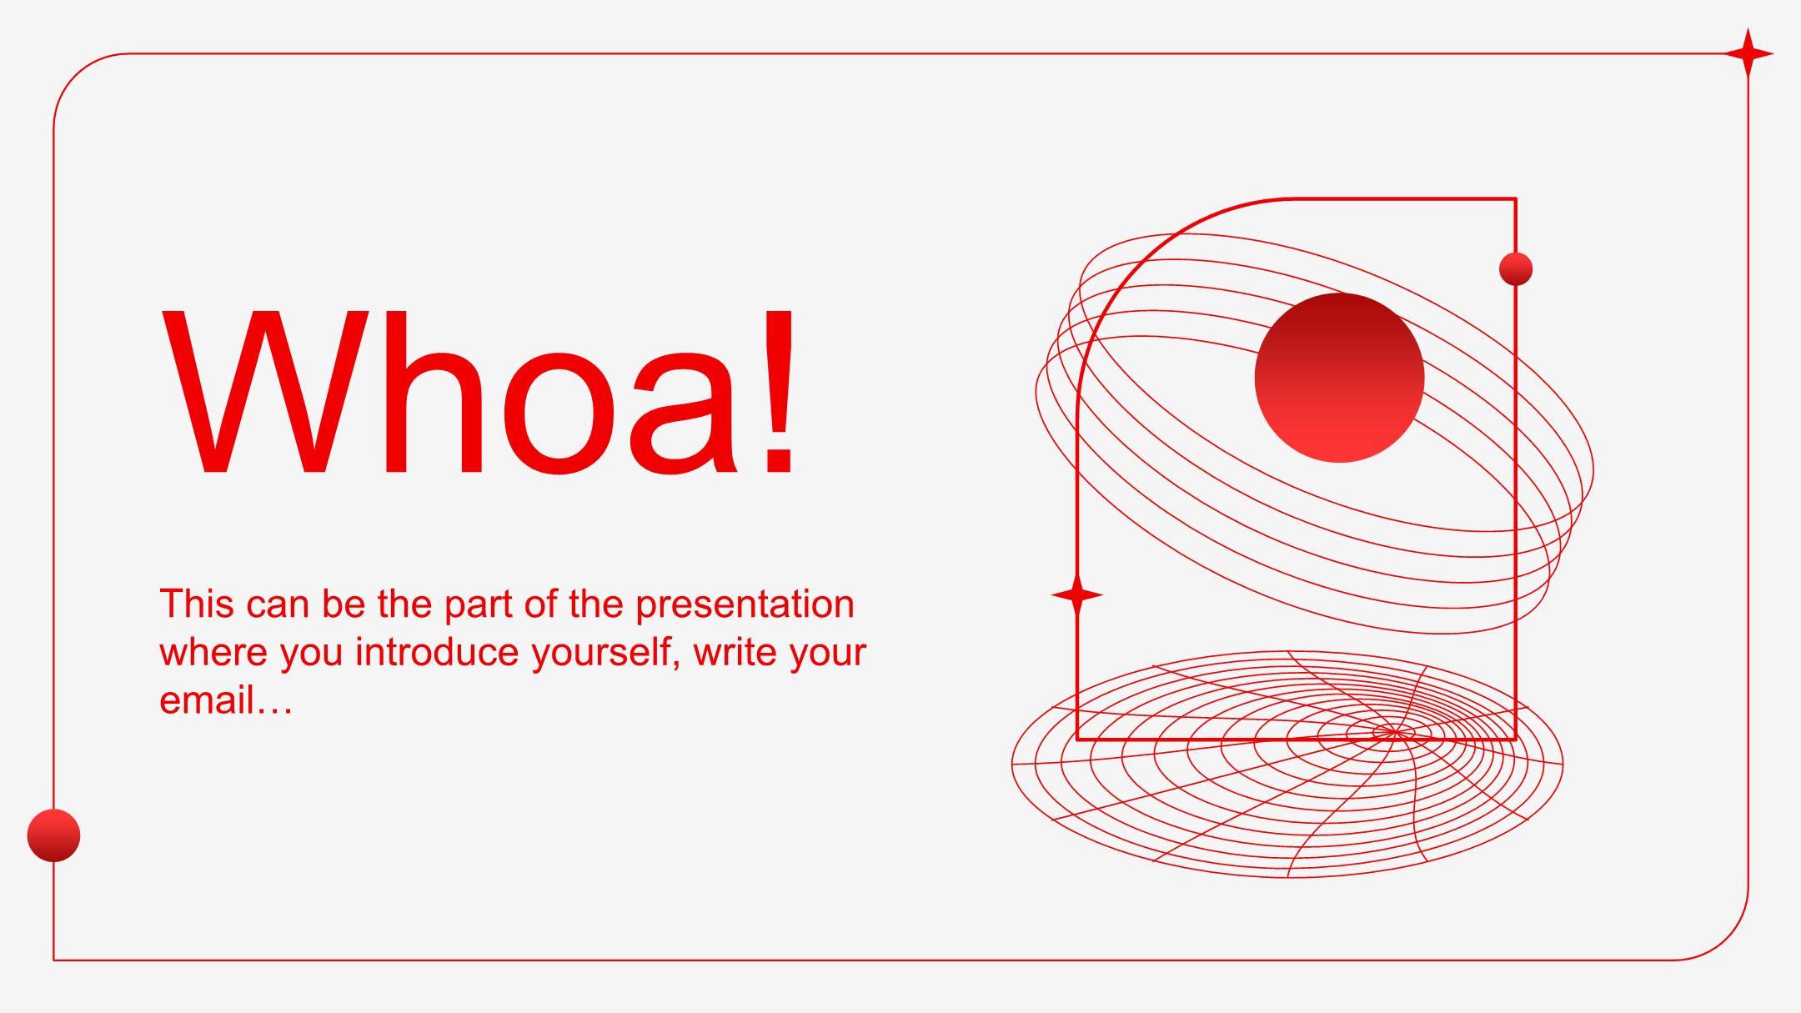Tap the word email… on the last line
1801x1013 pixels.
pyautogui.click(x=225, y=700)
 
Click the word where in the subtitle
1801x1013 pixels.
pyautogui.click(x=213, y=652)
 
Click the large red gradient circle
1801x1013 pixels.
pyautogui.click(x=1339, y=378)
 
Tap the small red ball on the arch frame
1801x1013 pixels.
pyautogui.click(x=1516, y=269)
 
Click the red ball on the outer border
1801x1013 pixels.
pyautogui.click(x=53, y=835)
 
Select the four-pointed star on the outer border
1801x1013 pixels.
pyautogui.click(x=1748, y=54)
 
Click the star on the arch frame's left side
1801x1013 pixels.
pyautogui.click(x=1077, y=595)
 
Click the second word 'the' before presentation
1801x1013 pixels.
pyautogui.click(x=595, y=604)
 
